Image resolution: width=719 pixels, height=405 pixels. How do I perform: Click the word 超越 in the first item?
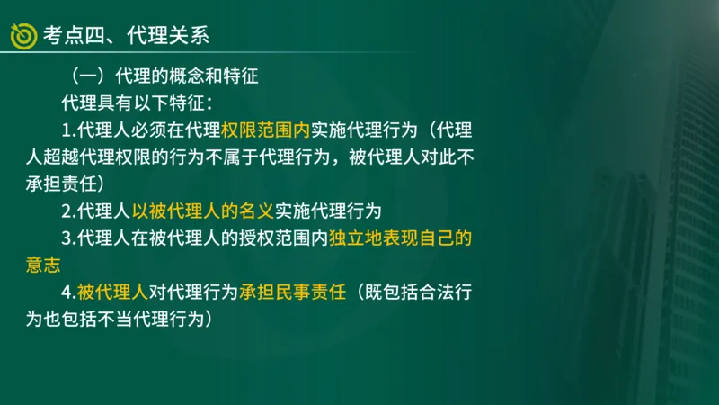pos(57,157)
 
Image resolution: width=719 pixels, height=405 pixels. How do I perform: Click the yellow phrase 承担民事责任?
pos(292,293)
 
